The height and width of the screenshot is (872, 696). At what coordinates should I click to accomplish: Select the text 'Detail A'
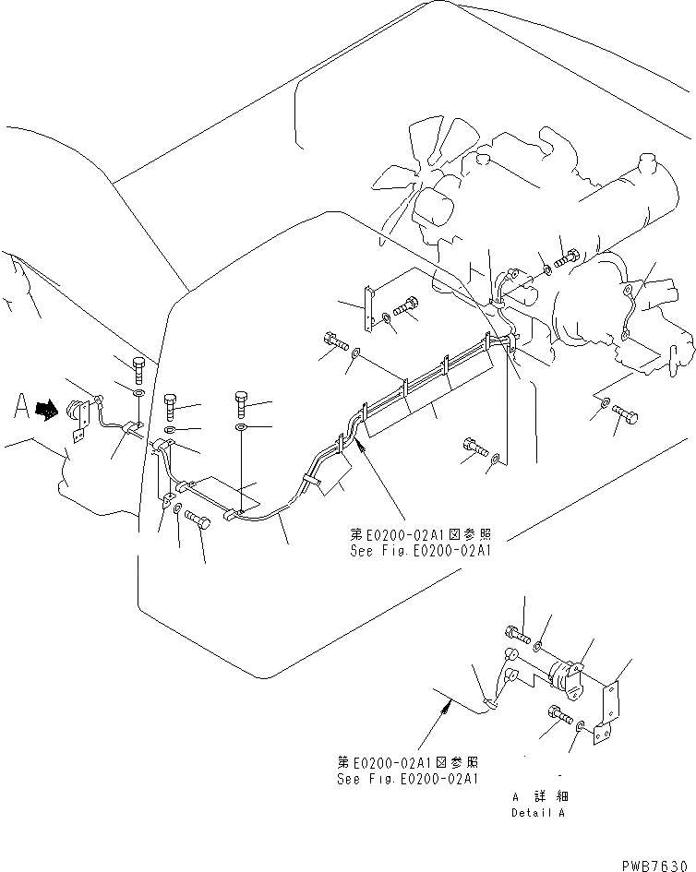(536, 813)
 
